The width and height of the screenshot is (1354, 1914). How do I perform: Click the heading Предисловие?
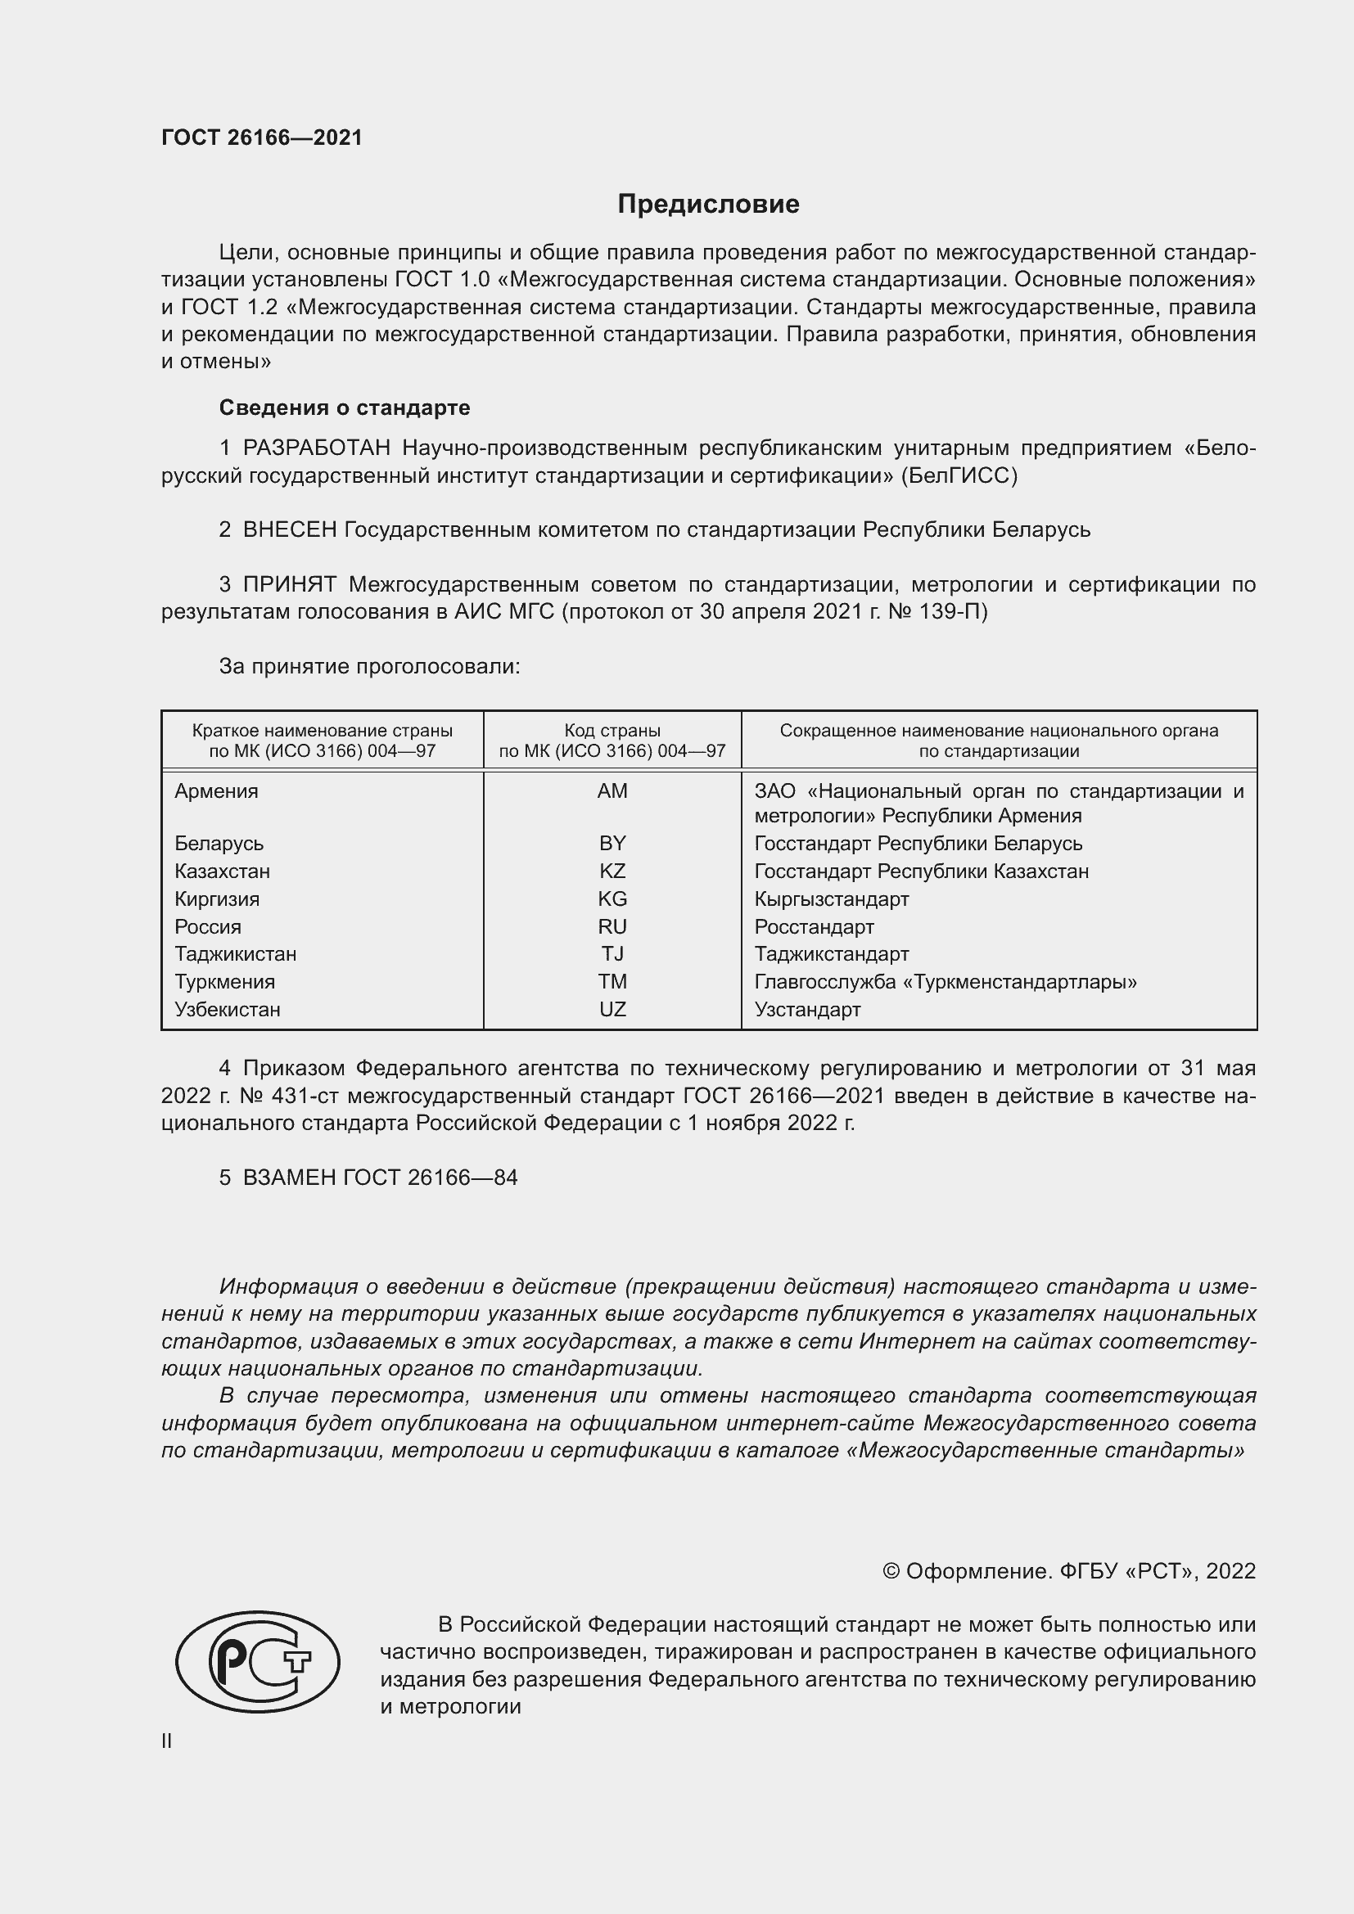click(708, 205)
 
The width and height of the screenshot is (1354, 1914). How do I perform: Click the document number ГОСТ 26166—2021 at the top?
click(262, 137)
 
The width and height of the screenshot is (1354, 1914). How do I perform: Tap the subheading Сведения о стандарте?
click(345, 408)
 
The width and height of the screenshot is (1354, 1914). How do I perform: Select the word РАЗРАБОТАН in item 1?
click(316, 448)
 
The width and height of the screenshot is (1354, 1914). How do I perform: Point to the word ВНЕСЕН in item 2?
click(289, 530)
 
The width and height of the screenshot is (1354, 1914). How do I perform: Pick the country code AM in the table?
click(612, 791)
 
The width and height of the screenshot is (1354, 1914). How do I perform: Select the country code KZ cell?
click(612, 871)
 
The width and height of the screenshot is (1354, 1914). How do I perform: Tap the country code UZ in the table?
click(612, 1010)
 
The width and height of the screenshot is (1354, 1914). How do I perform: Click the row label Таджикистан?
click(235, 953)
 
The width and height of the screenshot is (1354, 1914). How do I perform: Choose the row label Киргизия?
click(217, 898)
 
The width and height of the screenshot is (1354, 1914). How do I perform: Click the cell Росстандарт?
click(814, 927)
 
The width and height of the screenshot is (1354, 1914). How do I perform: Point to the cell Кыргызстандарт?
click(831, 898)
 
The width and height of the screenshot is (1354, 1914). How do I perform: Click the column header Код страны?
click(612, 731)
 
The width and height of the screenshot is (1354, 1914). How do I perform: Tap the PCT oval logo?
click(258, 1661)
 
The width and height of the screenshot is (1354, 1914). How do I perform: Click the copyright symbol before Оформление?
click(891, 1572)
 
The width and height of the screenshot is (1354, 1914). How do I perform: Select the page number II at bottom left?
click(167, 1741)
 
